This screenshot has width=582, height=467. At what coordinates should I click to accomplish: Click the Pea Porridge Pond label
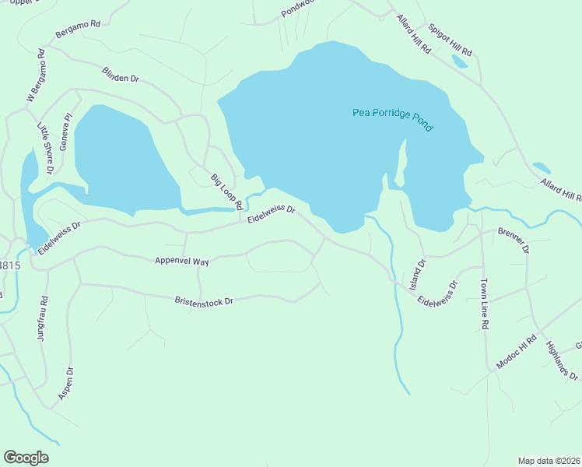[x=392, y=120]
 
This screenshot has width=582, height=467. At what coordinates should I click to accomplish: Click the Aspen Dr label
[x=65, y=384]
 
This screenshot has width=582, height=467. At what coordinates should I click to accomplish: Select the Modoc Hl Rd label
[x=517, y=353]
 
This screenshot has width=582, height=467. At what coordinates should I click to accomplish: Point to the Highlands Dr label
[x=561, y=361]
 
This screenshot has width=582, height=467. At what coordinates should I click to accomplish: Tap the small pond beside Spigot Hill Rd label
[x=460, y=61]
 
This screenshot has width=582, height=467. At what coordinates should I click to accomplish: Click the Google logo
[x=26, y=458]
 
